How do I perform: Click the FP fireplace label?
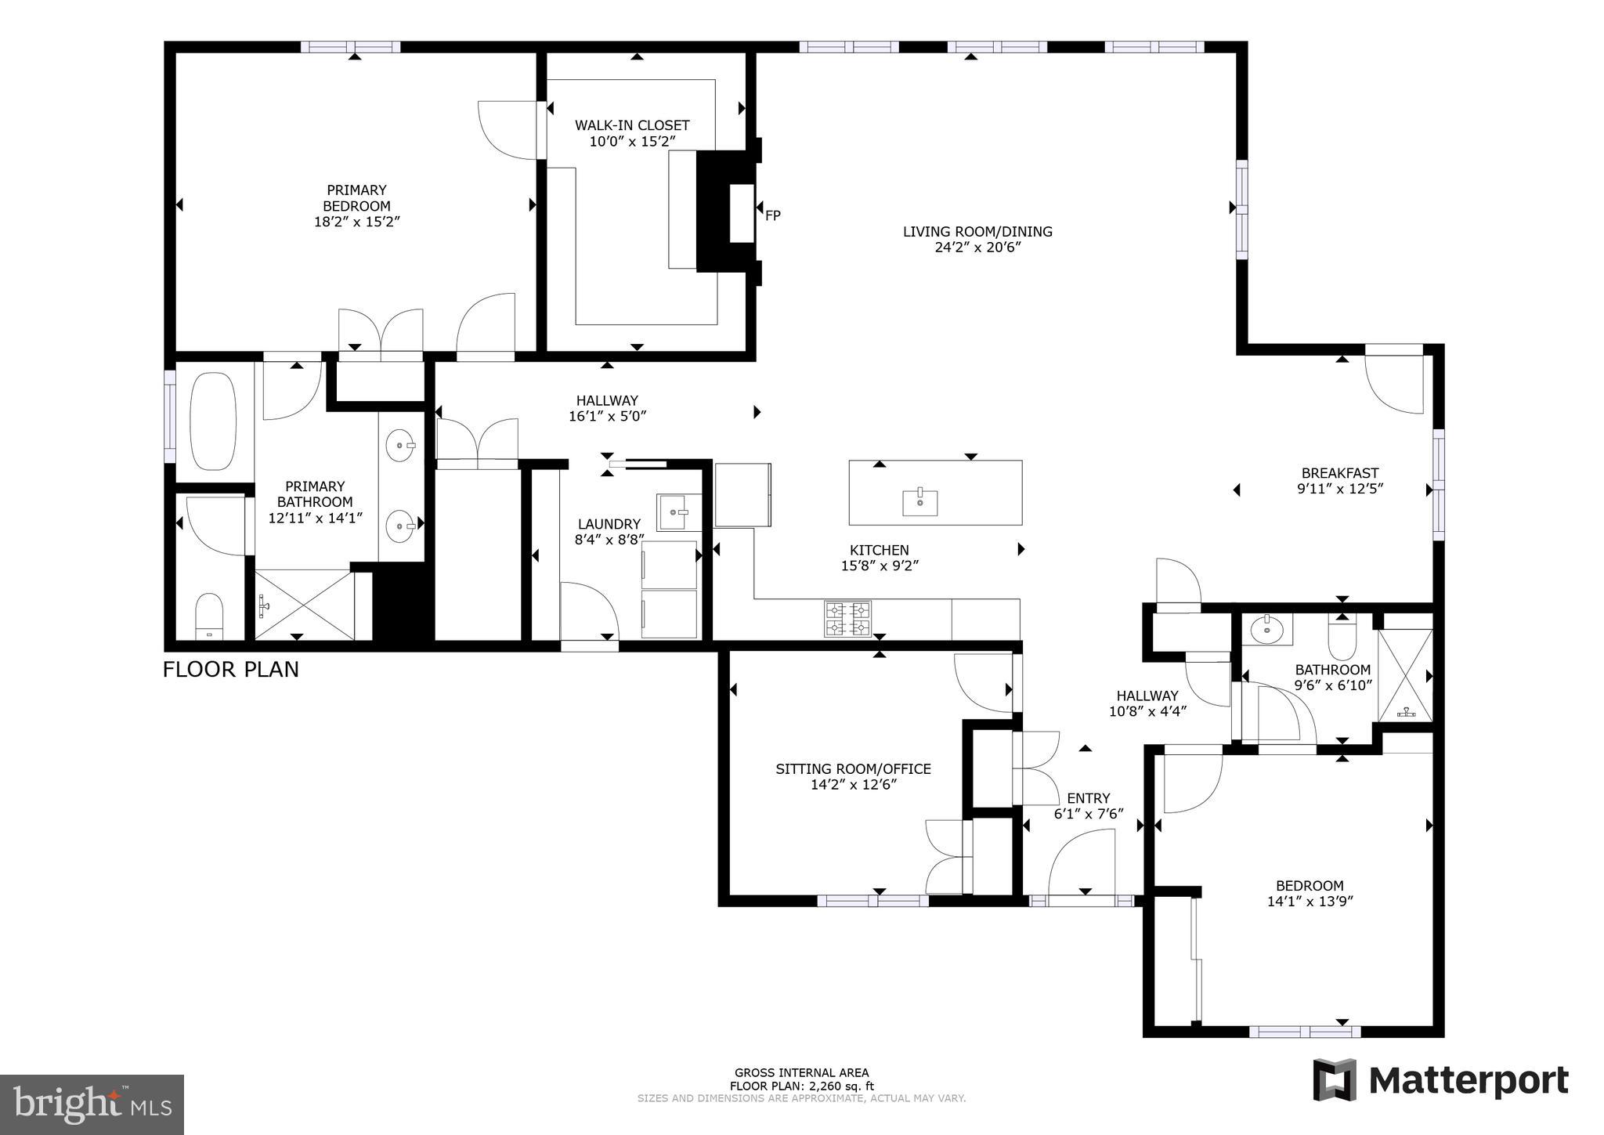point(772,215)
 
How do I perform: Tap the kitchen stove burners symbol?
point(847,619)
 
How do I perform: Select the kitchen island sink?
point(919,502)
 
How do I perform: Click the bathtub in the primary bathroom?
point(213,421)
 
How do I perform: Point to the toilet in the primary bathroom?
point(209,616)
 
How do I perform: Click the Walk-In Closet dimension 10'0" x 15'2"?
point(632,142)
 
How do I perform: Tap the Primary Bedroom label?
point(356,197)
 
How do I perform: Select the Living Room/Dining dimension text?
point(977,248)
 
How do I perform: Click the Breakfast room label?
point(1339,473)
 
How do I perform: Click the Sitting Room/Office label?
point(853,769)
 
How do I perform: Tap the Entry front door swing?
point(1080,862)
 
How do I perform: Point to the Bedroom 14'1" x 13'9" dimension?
point(1310,902)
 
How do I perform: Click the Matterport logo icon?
point(1335,1079)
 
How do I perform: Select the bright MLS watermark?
point(92,1104)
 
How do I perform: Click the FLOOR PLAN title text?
point(230,670)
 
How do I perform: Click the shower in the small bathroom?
point(1405,675)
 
